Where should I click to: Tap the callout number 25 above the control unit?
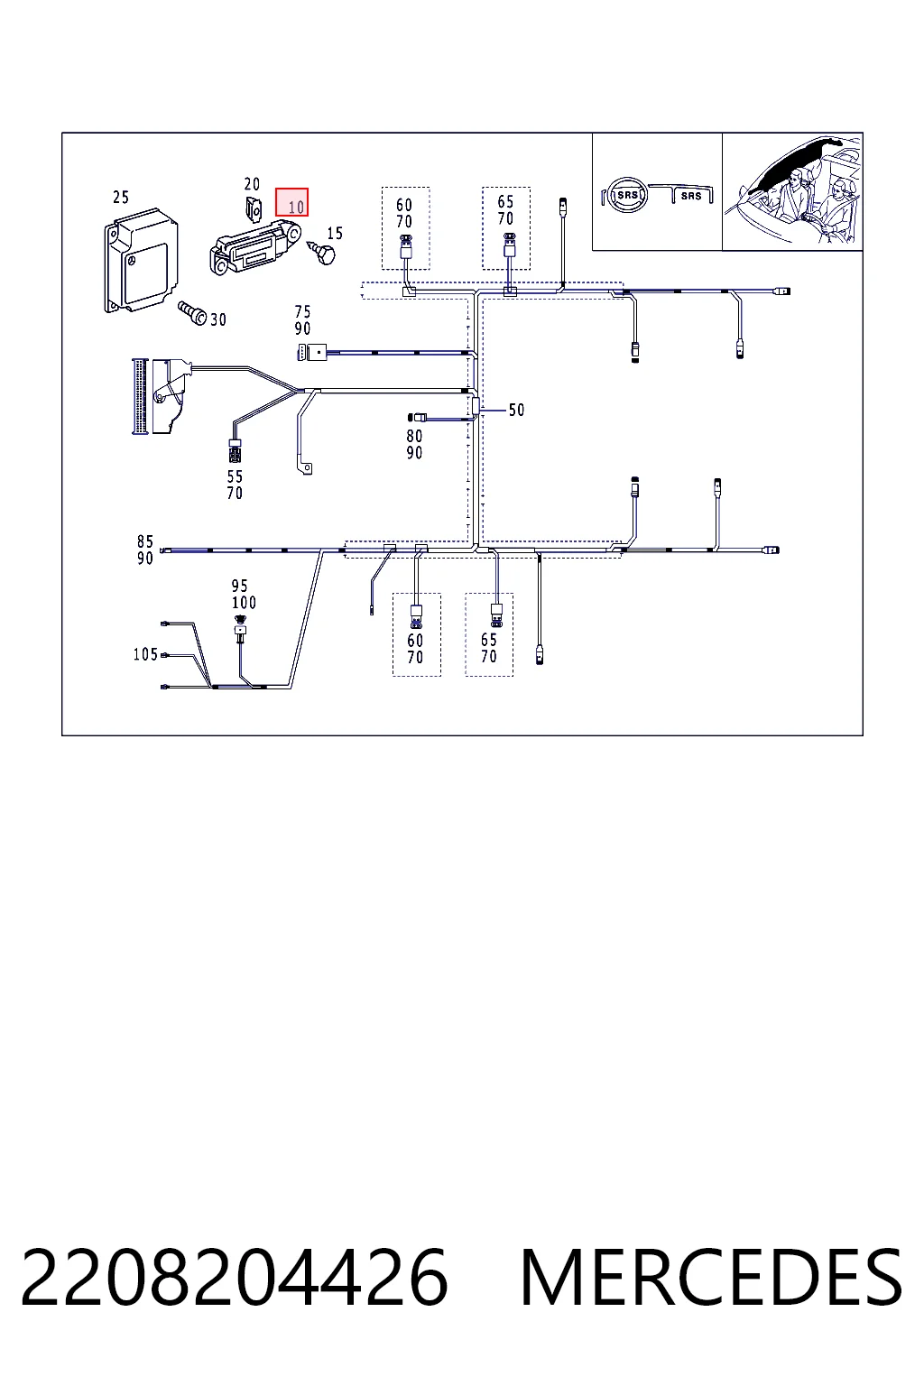[x=121, y=198]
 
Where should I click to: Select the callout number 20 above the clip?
[x=252, y=184]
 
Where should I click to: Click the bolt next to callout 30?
[x=192, y=312]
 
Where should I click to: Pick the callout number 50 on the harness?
[x=516, y=410]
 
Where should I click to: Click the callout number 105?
[x=145, y=654]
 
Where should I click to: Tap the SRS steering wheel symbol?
[x=627, y=196]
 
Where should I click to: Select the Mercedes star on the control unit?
[x=132, y=263]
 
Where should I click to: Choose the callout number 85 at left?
[x=144, y=541]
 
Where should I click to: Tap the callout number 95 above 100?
[x=239, y=586]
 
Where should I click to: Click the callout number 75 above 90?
[x=302, y=311]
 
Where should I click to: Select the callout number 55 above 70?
[x=235, y=476]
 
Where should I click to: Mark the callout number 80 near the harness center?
[x=414, y=436]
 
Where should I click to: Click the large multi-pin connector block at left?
[x=141, y=395]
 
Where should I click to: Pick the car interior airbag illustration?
[x=792, y=191]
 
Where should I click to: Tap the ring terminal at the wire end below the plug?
[x=306, y=467]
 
